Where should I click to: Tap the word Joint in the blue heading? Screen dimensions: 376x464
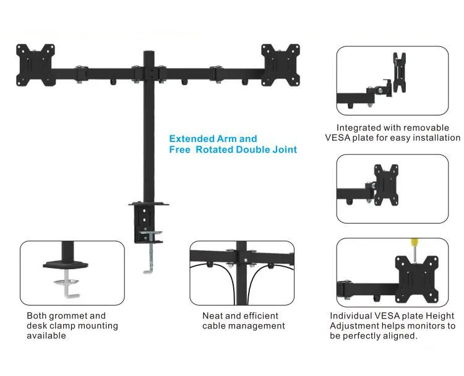click(282, 149)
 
